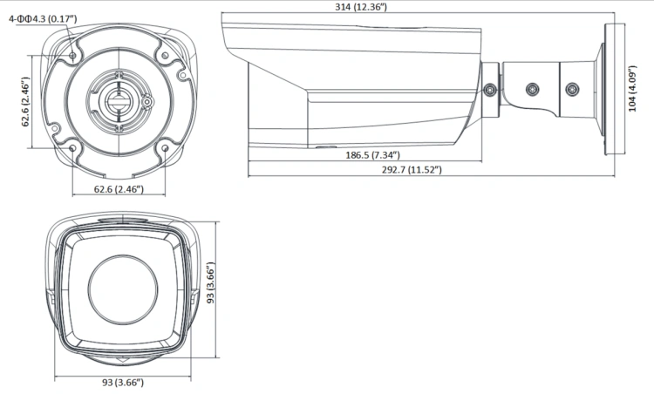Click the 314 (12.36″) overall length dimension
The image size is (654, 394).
[x=361, y=7]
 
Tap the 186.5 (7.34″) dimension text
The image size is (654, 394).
[x=372, y=155]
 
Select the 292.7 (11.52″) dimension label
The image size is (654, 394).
[x=412, y=170]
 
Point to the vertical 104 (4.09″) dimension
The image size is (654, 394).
[x=632, y=88]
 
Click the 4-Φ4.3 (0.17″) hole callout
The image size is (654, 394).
[x=43, y=19]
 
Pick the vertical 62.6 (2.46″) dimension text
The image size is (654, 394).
[x=25, y=101]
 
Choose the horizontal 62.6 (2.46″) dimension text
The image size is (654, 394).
[x=119, y=189]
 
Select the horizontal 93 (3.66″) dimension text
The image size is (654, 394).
[x=123, y=383]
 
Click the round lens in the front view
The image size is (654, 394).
[x=123, y=289]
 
